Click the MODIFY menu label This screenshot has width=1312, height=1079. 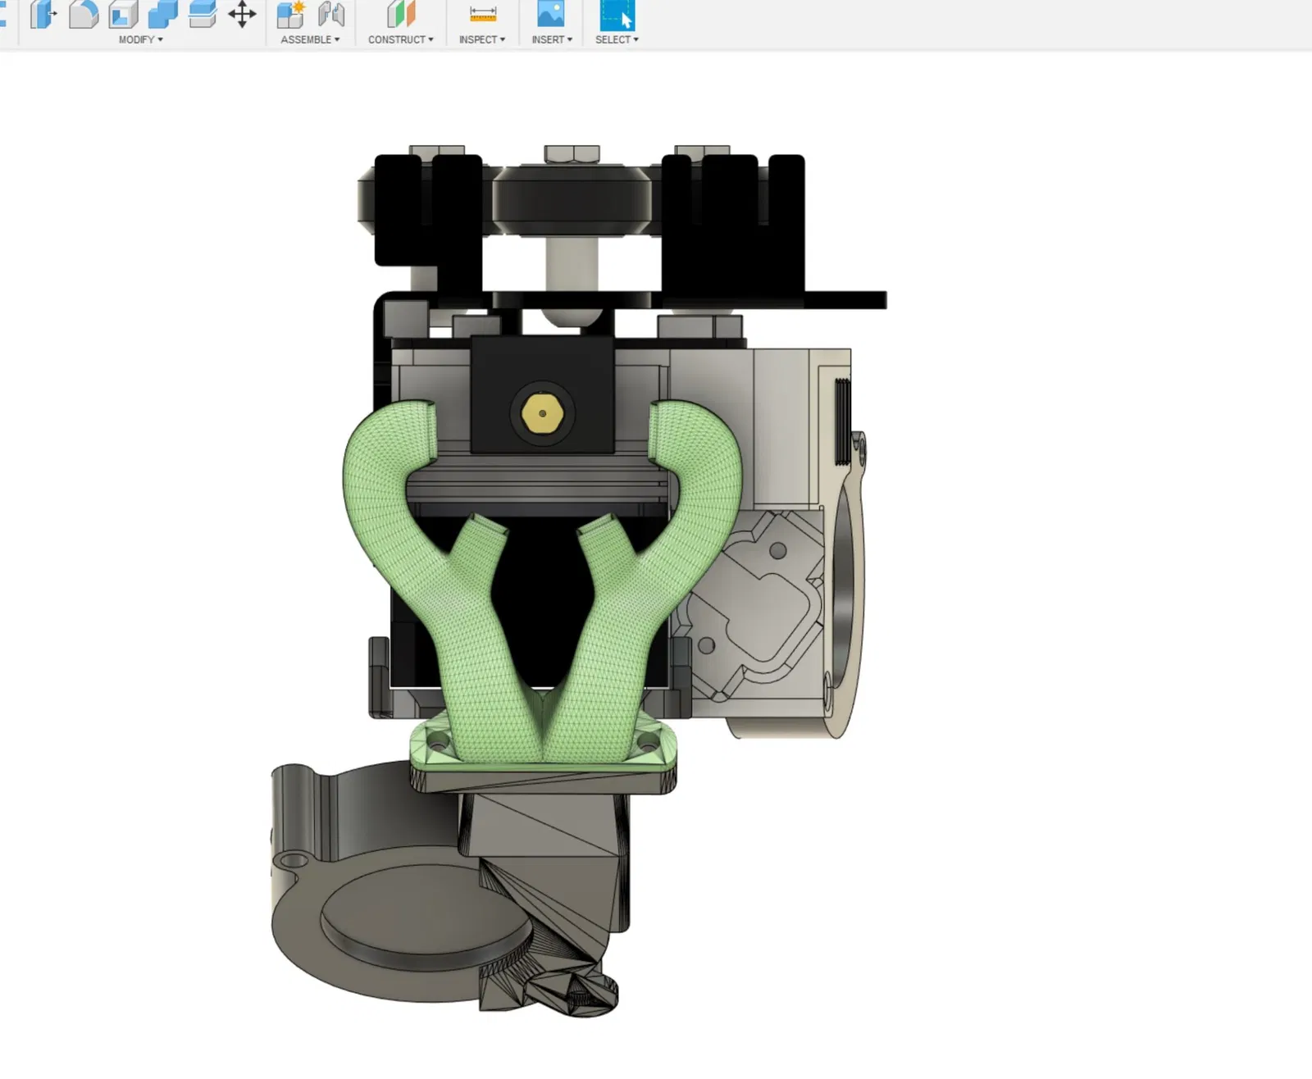pyautogui.click(x=140, y=39)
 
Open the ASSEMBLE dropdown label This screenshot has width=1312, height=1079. pyautogui.click(x=310, y=39)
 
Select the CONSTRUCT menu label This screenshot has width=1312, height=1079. pyautogui.click(x=401, y=39)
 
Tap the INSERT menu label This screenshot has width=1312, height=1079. pyautogui.click(x=552, y=39)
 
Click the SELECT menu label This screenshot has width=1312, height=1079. pyautogui.click(x=617, y=39)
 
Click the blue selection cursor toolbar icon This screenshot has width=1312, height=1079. pyautogui.click(x=617, y=14)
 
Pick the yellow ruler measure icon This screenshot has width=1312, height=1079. pyautogui.click(x=483, y=14)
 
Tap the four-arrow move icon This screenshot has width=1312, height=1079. pyautogui.click(x=242, y=14)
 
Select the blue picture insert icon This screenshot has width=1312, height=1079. pyautogui.click(x=550, y=14)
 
